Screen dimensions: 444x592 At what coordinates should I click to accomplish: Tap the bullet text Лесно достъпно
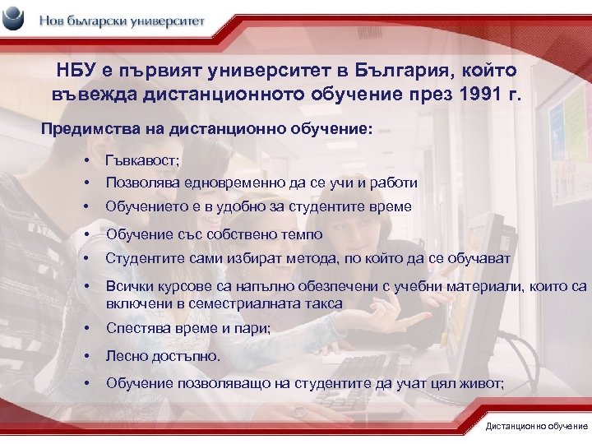pyautogui.click(x=163, y=357)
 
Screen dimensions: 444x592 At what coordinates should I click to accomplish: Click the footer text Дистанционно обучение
pyautogui.click(x=535, y=426)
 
